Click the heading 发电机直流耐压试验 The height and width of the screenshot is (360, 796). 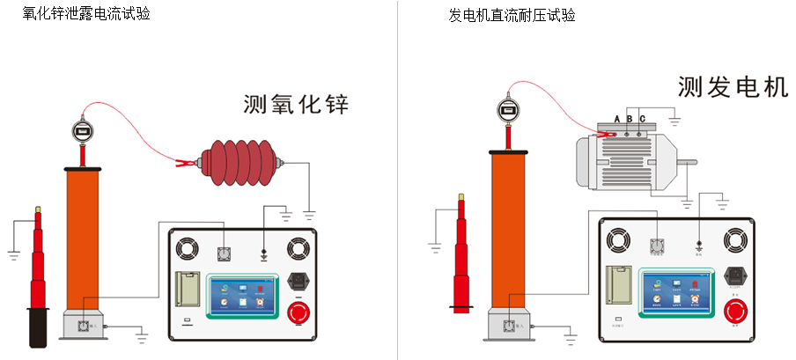pyautogui.click(x=512, y=15)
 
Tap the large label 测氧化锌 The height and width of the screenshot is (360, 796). pyautogui.click(x=296, y=106)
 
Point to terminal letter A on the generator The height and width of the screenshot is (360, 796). pyautogui.click(x=618, y=119)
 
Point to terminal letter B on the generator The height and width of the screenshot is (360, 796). pyautogui.click(x=630, y=119)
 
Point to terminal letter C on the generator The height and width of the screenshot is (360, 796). pyautogui.click(x=642, y=119)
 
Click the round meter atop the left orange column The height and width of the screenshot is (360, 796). pyautogui.click(x=81, y=132)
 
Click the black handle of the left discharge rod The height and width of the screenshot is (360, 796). pyautogui.click(x=38, y=327)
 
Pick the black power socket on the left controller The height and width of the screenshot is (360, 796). pyautogui.click(x=299, y=283)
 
